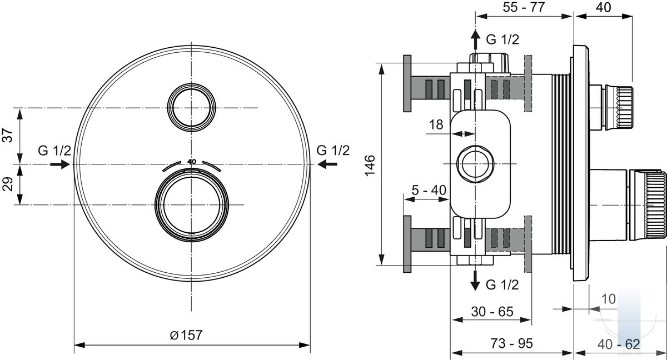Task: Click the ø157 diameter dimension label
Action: click(186, 335)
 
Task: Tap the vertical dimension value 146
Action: click(370, 166)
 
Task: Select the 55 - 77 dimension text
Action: click(524, 7)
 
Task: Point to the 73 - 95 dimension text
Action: click(512, 343)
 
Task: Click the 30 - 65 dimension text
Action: click(492, 312)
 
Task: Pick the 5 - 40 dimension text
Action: click(429, 190)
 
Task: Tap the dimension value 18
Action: click(436, 124)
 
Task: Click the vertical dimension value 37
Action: click(7, 136)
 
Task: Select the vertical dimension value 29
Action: click(7, 184)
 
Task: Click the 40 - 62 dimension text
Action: click(619, 344)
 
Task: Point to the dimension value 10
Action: click(609, 299)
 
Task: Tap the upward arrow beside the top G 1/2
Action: click(475, 39)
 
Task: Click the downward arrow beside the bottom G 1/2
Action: click(475, 281)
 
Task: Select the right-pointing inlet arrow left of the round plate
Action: click(60, 164)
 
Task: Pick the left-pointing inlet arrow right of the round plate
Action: click(327, 164)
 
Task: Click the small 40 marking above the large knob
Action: click(192, 162)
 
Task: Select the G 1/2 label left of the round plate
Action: click(54, 151)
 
